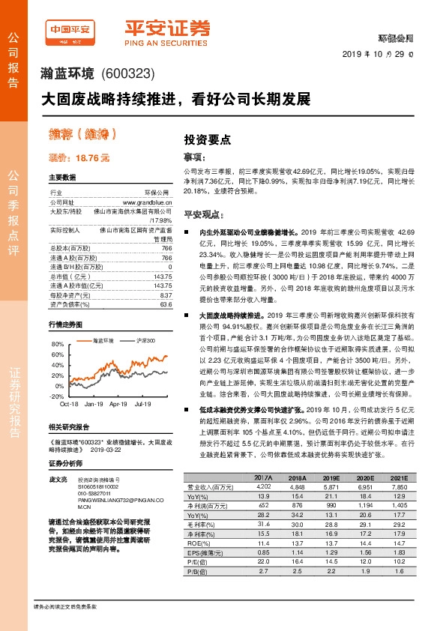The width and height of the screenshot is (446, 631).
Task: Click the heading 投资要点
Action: point(208,139)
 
